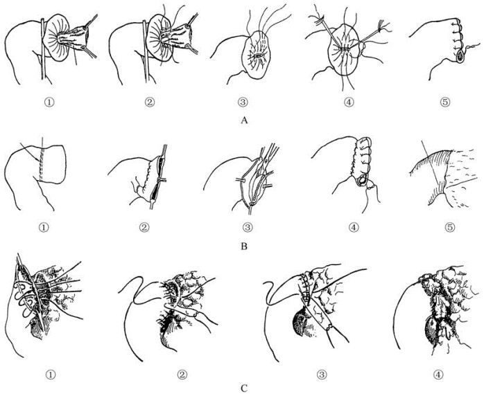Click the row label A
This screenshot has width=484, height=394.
click(244, 120)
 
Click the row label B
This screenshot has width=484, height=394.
click(244, 247)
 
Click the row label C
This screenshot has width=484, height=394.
click(244, 388)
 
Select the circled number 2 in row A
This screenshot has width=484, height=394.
click(149, 102)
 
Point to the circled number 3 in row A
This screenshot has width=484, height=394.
click(243, 102)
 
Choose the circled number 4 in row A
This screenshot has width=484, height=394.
click(348, 102)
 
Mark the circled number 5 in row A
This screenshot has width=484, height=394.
click(444, 102)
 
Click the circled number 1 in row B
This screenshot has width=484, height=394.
click(44, 227)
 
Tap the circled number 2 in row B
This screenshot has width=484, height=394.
click(144, 227)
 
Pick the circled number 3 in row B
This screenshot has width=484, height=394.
click(248, 227)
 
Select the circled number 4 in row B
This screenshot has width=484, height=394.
click(354, 227)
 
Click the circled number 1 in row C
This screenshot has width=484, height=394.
click(51, 375)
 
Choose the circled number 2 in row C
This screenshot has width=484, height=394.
click(182, 375)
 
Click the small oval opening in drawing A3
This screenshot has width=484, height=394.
click(257, 56)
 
